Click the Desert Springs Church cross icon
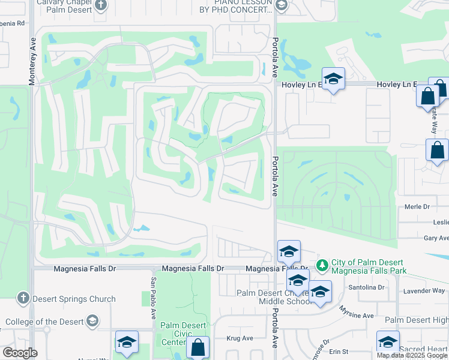tap(23, 298)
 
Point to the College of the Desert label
tap(44, 322)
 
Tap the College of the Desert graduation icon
tap(92, 322)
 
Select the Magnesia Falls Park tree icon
tap(322, 264)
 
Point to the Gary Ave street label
tap(436, 238)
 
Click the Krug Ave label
tap(240, 338)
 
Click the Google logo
tap(20, 353)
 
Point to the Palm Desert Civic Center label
tap(182, 334)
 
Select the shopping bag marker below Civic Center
tap(197, 347)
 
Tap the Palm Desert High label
tap(417, 320)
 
